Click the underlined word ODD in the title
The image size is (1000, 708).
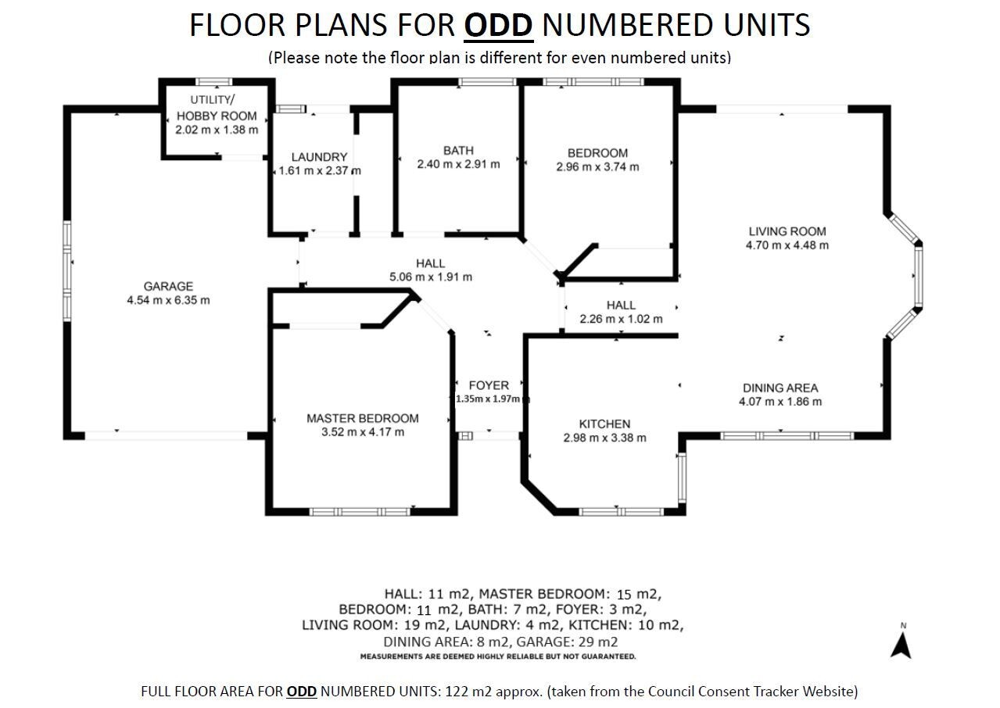[x=499, y=26]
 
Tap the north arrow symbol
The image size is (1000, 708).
[x=901, y=646]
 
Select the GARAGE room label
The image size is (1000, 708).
[x=168, y=287]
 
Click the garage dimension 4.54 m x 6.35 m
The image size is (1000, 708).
[x=168, y=300]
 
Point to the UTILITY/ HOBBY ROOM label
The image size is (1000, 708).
[x=217, y=108]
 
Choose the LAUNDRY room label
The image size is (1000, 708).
[x=319, y=157]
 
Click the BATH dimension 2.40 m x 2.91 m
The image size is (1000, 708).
[x=458, y=165]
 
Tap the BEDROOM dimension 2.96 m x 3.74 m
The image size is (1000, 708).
[x=598, y=167]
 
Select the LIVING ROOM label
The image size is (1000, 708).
[x=787, y=231]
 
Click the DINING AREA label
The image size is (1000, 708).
[x=780, y=388]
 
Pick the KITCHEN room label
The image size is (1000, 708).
[x=605, y=424]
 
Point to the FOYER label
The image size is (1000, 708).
[x=489, y=385]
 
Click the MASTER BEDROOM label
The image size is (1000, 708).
[x=363, y=418]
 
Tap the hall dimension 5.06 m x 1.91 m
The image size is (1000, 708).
[x=431, y=277]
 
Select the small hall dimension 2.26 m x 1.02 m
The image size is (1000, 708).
[x=622, y=319]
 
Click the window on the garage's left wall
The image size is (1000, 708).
[x=67, y=271]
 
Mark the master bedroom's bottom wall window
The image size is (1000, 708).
[x=360, y=512]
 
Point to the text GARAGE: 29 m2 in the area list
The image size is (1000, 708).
[x=567, y=642]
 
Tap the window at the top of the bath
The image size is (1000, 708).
[x=488, y=82]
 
